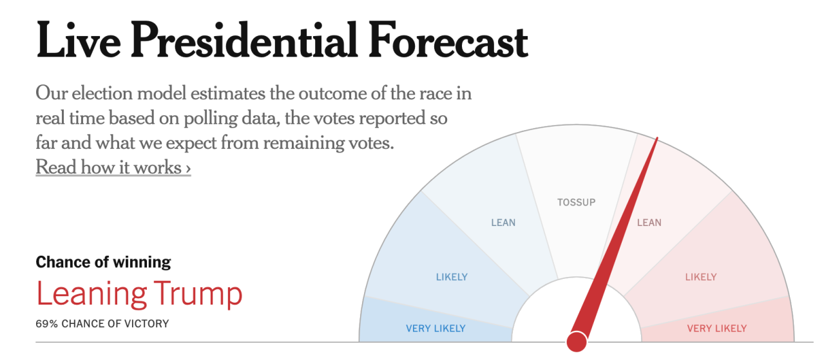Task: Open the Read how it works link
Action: [x=113, y=167]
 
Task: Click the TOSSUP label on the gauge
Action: [x=577, y=202]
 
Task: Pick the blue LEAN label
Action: [x=503, y=223]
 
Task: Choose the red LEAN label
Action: [x=649, y=223]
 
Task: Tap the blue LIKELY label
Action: [x=452, y=278]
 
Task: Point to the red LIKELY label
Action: [x=701, y=278]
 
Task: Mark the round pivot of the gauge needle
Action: [x=577, y=341]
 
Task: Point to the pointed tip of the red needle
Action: [x=657, y=138]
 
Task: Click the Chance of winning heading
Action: [x=103, y=262]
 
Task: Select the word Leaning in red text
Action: [x=91, y=294]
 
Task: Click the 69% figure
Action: [x=47, y=324]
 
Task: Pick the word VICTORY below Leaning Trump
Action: [x=148, y=324]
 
